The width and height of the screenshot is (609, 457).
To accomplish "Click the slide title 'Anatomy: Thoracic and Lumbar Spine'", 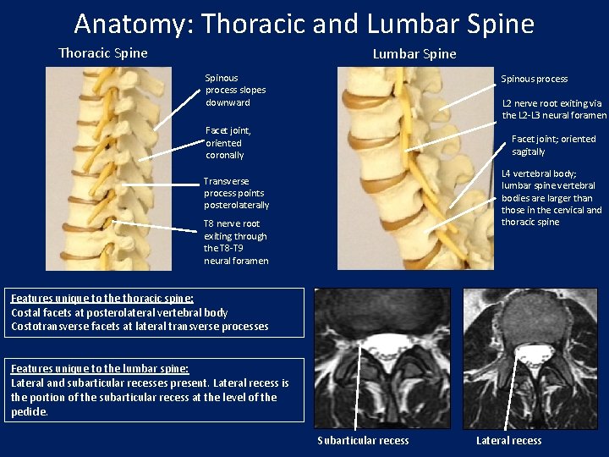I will (304, 23).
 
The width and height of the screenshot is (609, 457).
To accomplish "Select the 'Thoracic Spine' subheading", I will (102, 53).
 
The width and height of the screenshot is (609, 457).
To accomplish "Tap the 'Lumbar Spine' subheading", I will (414, 54).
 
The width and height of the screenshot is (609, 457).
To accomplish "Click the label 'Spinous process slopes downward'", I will (235, 90).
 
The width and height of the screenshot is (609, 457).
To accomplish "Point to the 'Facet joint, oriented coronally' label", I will (228, 143).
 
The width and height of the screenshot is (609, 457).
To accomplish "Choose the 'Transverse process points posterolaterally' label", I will (236, 193).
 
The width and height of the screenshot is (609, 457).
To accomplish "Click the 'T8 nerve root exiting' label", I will (235, 242).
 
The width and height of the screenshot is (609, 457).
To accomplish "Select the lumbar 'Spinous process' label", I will (534, 79).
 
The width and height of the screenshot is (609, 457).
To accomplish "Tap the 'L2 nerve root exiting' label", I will (554, 109).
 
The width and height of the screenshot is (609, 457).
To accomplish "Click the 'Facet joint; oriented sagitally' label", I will (553, 145).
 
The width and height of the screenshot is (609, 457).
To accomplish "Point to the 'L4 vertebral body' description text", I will (551, 197).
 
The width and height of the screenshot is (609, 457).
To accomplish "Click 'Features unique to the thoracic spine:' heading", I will (102, 299).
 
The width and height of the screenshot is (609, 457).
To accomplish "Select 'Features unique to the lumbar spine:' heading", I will (100, 369).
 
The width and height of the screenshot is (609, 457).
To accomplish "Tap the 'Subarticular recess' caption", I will (363, 440).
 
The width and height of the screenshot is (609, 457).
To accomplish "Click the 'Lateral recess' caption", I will (508, 440).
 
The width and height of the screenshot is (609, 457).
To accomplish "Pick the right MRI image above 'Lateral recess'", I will (529, 358).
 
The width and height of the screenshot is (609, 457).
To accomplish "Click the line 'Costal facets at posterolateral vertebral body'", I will (119, 312).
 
